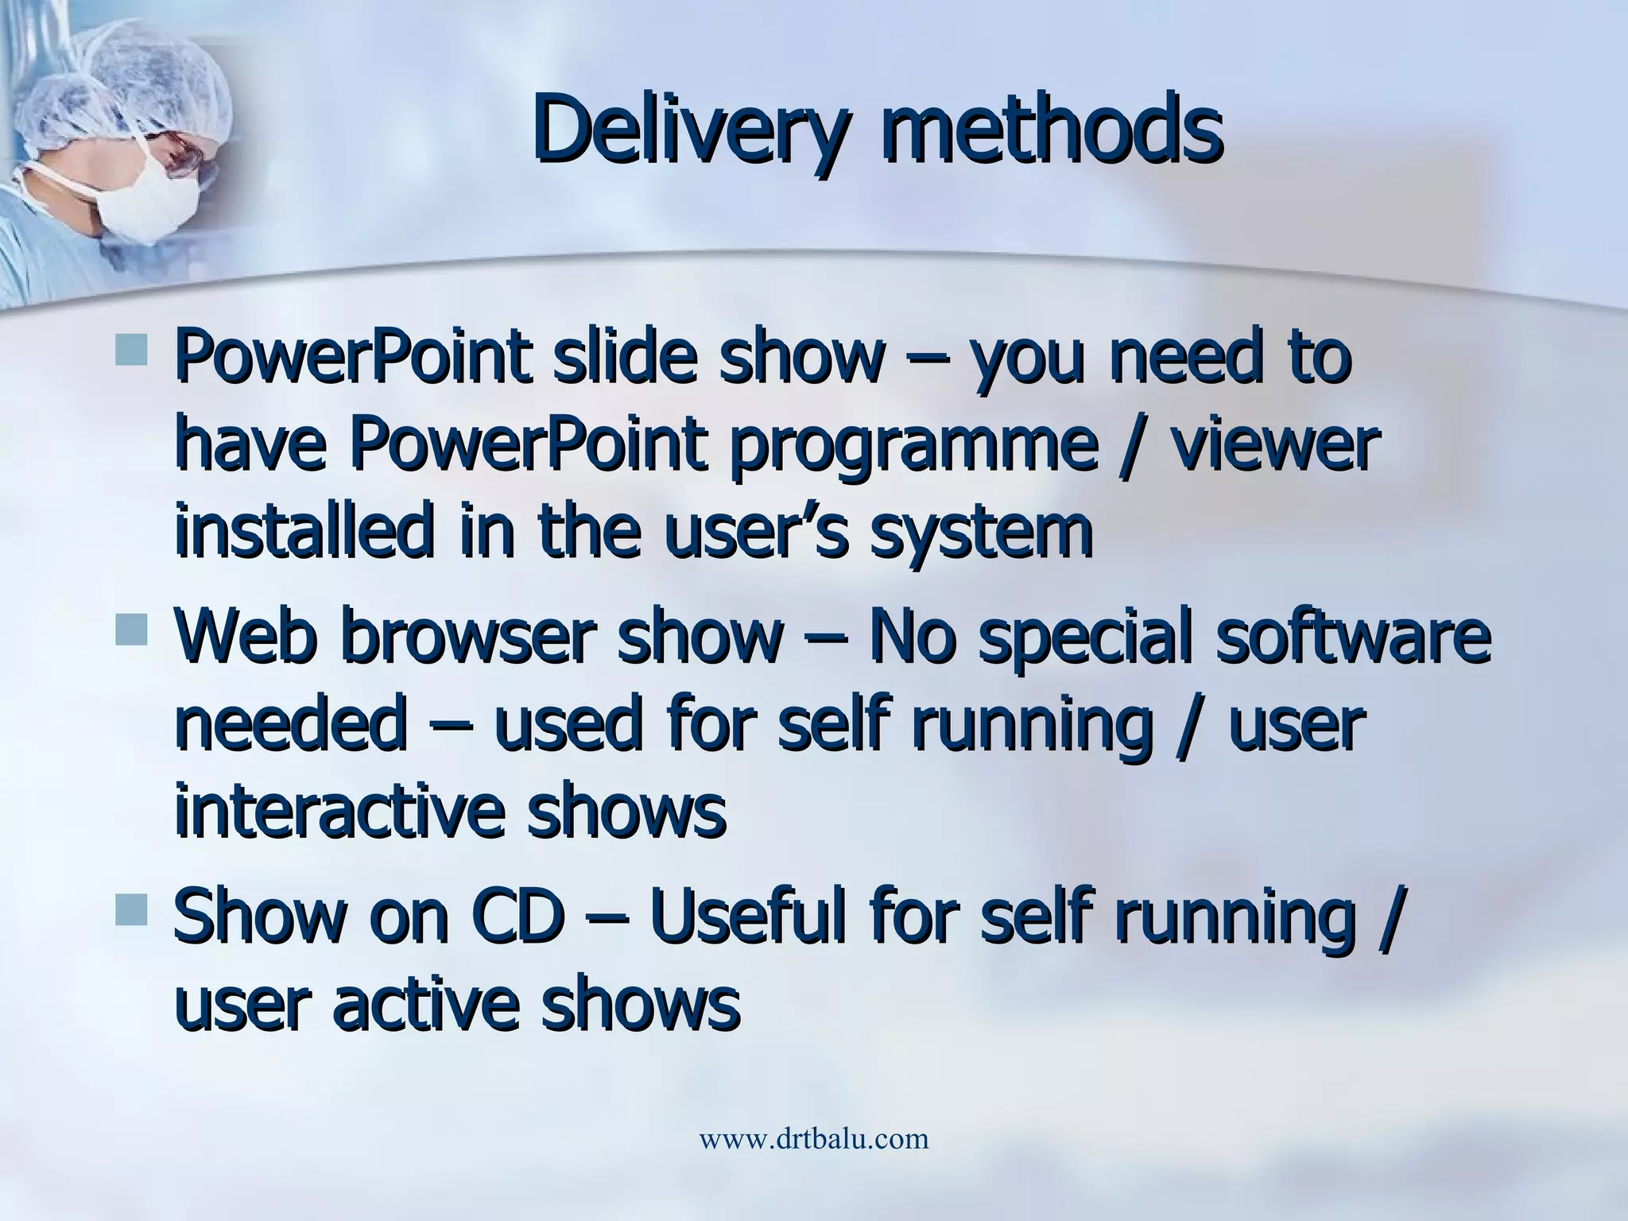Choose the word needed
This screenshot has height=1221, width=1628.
tap(291, 725)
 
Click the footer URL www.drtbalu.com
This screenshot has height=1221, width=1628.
tap(813, 1138)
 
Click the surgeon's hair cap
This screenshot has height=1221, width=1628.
tap(135, 87)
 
